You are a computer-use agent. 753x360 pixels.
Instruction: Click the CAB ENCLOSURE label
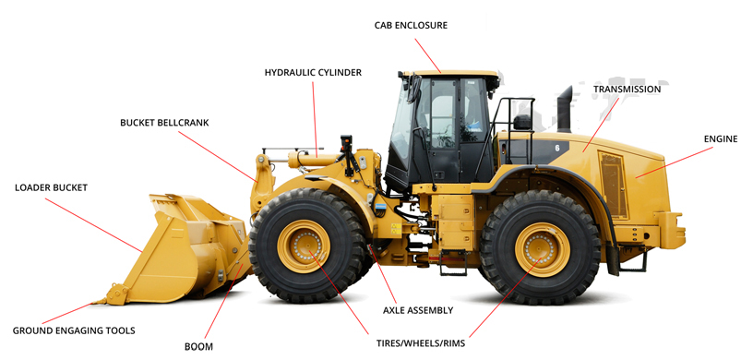click(x=411, y=26)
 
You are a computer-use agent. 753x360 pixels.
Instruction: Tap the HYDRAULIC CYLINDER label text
click(x=313, y=73)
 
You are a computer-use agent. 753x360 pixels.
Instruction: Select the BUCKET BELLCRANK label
click(x=164, y=123)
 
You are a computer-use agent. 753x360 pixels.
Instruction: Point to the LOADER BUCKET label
click(x=51, y=187)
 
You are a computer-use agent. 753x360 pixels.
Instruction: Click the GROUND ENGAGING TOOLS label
click(x=74, y=330)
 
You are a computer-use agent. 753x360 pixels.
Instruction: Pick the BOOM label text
click(x=198, y=346)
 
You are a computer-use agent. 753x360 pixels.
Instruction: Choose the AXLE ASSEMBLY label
click(x=418, y=310)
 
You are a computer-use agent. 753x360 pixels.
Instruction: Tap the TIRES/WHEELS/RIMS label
click(x=421, y=343)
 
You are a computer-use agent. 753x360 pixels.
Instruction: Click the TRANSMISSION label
click(x=627, y=90)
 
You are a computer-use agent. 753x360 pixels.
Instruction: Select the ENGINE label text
click(x=721, y=138)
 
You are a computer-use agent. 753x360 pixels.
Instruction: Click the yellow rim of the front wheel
click(x=304, y=246)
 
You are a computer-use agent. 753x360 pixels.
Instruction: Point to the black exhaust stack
click(x=565, y=109)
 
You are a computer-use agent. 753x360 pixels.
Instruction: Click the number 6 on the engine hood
click(x=557, y=148)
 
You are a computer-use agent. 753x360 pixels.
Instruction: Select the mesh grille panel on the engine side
click(x=614, y=185)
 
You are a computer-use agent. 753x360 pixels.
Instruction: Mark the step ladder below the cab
click(x=453, y=263)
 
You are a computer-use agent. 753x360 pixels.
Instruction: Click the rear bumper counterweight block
click(x=672, y=231)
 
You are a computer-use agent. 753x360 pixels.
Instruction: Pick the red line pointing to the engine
click(x=675, y=162)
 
